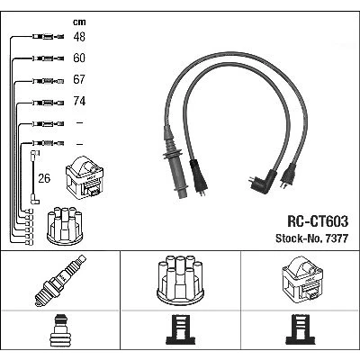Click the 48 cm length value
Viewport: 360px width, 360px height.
pyautogui.click(x=79, y=37)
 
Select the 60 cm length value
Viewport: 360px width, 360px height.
pyautogui.click(x=79, y=58)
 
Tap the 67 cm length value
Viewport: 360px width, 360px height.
pyautogui.click(x=79, y=79)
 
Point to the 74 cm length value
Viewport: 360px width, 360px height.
pyautogui.click(x=79, y=101)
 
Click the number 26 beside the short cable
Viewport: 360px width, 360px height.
pyautogui.click(x=44, y=178)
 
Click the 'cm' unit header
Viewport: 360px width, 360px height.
pyautogui.click(x=79, y=22)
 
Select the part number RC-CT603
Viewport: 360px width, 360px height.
pyautogui.click(x=318, y=221)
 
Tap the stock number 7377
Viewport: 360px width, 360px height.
pyautogui.click(x=335, y=238)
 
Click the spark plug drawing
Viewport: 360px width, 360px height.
pyautogui.click(x=60, y=281)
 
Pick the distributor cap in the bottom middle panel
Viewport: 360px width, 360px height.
pyautogui.click(x=180, y=280)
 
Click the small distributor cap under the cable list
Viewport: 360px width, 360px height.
pyautogui.click(x=65, y=226)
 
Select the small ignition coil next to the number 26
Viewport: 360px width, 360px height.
pyautogui.click(x=85, y=176)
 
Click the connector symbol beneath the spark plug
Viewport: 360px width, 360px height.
pyautogui.click(x=60, y=329)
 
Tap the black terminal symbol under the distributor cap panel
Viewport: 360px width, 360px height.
pyautogui.click(x=180, y=329)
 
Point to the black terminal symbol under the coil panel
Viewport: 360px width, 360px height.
pyautogui.click(x=301, y=329)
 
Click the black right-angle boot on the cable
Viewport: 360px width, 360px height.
pyautogui.click(x=264, y=182)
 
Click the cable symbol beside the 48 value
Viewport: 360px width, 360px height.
pyautogui.click(x=48, y=37)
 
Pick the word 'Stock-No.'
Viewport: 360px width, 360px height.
pyautogui.click(x=298, y=238)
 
